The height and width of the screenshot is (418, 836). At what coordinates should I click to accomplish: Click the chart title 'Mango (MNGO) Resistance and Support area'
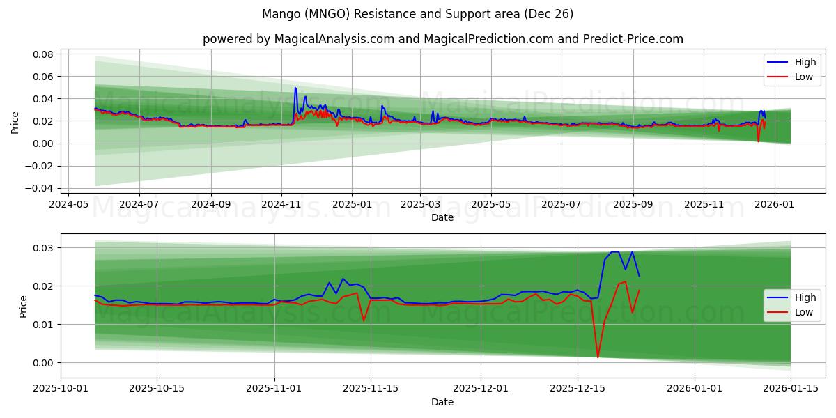point(418,14)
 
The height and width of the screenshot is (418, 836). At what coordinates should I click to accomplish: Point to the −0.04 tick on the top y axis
point(42,188)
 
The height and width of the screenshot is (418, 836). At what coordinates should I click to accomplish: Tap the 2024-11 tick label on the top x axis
point(281,205)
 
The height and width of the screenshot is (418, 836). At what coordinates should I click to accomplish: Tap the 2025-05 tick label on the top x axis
point(491,205)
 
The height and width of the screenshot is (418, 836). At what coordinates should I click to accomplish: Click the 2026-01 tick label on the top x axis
point(775,205)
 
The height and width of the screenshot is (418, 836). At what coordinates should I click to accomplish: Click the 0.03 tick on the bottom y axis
point(45,248)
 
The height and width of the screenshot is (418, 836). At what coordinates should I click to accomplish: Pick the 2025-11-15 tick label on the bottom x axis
point(371,389)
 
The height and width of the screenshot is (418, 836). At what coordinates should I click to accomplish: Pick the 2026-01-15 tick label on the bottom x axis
point(791,389)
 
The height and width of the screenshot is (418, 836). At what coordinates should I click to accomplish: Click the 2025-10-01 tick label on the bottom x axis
point(61,389)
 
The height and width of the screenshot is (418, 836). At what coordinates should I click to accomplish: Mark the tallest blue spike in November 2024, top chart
point(295,88)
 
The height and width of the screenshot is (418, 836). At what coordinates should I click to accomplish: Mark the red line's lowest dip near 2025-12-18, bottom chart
point(598,357)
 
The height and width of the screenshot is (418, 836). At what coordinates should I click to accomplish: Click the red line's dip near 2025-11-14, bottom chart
point(364,320)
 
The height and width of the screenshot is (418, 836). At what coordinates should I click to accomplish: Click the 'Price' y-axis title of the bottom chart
point(24,307)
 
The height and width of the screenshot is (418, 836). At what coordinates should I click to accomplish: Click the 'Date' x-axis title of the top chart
point(442,217)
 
